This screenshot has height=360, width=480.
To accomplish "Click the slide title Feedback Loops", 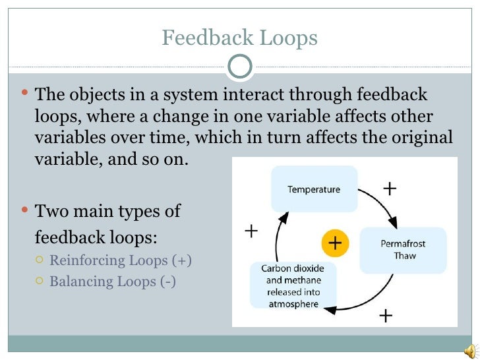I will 239,38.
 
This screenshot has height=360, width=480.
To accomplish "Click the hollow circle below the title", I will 239,66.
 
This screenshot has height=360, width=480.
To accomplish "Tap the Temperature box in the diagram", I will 314,189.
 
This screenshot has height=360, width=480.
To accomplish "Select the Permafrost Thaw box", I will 403,249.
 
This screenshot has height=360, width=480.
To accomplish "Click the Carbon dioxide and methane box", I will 293,286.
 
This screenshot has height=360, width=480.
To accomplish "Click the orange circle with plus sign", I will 335,243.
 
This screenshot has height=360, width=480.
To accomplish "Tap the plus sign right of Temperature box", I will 390,189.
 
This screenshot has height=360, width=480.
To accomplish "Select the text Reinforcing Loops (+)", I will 121,260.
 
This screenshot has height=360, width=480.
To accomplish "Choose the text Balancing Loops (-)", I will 113,282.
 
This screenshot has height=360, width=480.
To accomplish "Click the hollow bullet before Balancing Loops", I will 40,282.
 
